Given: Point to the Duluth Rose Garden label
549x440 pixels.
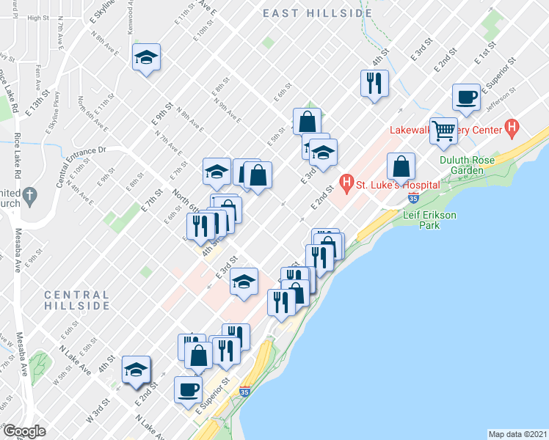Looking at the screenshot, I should (471, 165).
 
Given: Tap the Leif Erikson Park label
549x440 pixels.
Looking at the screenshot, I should (432, 220).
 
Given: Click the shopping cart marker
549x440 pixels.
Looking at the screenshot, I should (444, 131).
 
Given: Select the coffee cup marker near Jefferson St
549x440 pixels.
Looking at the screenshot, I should (467, 96).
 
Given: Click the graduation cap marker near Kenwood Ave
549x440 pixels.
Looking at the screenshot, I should (146, 56).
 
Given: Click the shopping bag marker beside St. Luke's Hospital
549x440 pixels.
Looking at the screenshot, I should (401, 166).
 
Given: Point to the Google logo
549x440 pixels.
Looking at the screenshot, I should (24, 431).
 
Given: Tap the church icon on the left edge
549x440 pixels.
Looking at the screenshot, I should (29, 197).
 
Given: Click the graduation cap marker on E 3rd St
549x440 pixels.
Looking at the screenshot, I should (244, 282).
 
